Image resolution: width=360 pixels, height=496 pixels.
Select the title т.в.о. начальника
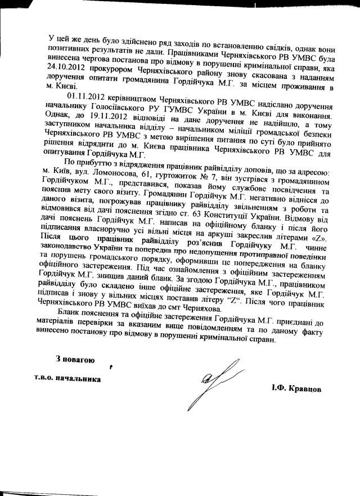[x=67, y=379]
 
